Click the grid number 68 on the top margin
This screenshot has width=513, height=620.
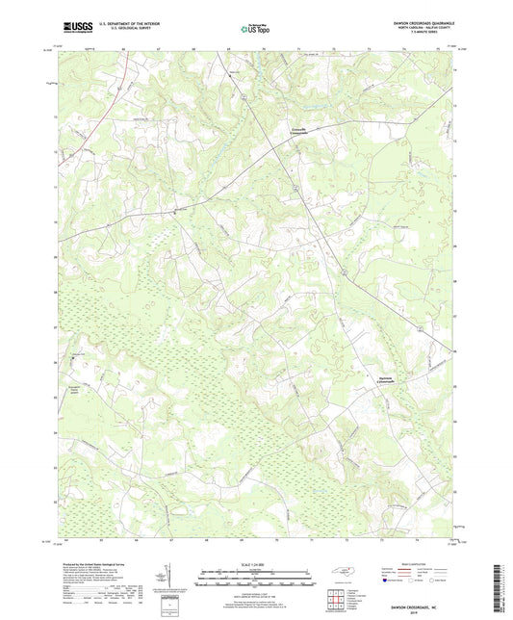point(193,46)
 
